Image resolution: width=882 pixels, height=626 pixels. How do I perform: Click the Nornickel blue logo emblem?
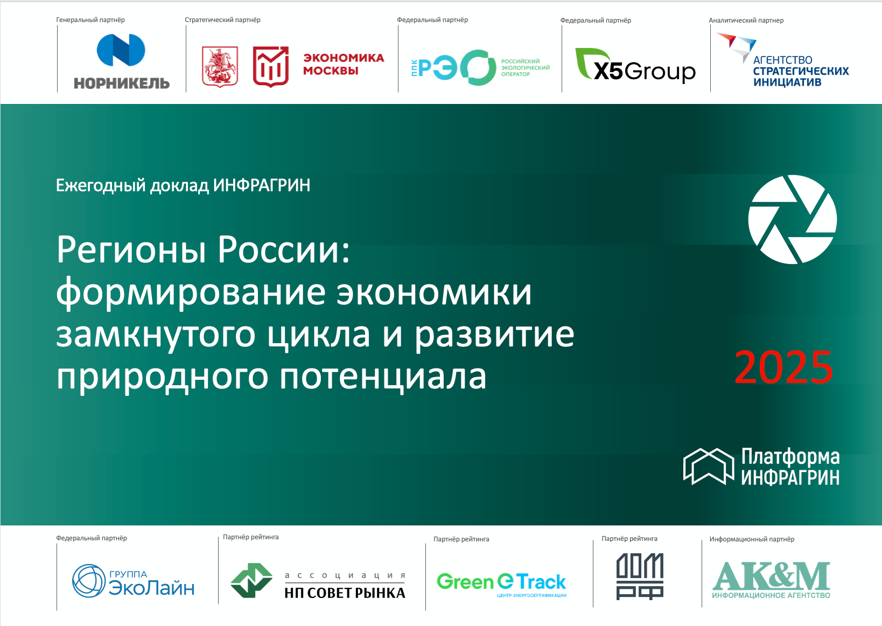(x=121, y=50)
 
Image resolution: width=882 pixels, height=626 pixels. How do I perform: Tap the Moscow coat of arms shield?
(x=220, y=67)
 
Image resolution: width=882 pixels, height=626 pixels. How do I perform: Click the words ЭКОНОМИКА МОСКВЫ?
(x=344, y=64)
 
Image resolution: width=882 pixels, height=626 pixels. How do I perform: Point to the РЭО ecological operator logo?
(x=480, y=68)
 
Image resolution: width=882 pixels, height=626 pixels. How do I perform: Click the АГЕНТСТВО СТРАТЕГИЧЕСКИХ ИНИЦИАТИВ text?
(x=800, y=71)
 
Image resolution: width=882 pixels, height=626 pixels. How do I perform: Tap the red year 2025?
(x=783, y=367)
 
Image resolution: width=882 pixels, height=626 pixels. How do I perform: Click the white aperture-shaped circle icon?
(x=792, y=219)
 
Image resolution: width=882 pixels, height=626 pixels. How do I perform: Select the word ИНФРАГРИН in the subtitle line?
(x=262, y=185)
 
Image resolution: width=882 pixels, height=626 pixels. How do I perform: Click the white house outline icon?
(x=708, y=466)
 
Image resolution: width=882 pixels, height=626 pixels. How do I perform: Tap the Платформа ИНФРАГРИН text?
(x=790, y=467)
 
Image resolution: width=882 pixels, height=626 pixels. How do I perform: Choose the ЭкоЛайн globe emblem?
(x=88, y=581)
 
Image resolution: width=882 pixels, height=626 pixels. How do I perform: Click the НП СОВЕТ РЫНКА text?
(x=345, y=593)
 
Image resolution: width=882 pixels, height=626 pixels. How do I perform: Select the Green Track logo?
(x=501, y=582)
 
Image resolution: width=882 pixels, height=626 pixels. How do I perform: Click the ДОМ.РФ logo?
(x=640, y=576)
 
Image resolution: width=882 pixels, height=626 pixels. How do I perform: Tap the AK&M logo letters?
(x=771, y=576)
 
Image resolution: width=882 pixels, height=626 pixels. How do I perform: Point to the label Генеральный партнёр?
(x=90, y=20)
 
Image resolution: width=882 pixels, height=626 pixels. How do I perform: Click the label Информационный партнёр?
(x=752, y=539)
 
